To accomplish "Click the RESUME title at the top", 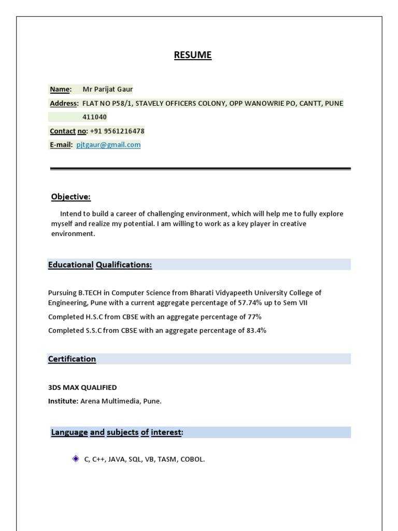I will (x=193, y=55).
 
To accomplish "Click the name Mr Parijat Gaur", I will (x=108, y=89).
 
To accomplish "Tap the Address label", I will (x=64, y=103).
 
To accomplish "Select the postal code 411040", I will (x=95, y=117).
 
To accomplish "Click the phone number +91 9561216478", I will (x=117, y=131).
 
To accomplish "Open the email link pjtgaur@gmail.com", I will (x=108, y=145).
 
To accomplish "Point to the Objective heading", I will (x=70, y=197).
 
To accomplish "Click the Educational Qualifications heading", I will (x=100, y=265).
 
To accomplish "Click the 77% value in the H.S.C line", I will (x=254, y=317).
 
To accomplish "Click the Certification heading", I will (x=72, y=359).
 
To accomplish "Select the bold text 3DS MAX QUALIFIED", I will (x=82, y=387).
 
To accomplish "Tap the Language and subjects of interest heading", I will (x=117, y=432).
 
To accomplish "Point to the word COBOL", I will (x=192, y=459).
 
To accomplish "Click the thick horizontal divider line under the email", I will (x=200, y=169).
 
